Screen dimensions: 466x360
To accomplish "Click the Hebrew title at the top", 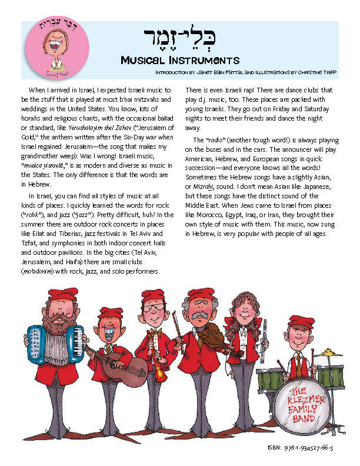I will click(179, 39).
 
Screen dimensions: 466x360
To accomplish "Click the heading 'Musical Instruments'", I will click(179, 60).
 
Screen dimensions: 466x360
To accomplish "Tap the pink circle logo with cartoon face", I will click(54, 49).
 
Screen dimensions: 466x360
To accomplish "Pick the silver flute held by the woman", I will click(264, 341).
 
